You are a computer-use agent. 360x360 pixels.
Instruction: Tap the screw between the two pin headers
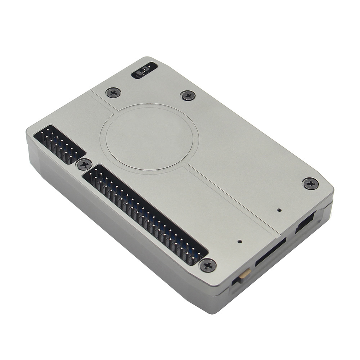[x=84, y=165]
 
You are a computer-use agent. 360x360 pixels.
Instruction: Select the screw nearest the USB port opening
[x=310, y=184]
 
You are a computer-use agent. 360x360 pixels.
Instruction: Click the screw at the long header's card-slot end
[x=208, y=265]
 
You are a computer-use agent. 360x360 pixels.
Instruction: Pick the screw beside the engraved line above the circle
[x=113, y=93]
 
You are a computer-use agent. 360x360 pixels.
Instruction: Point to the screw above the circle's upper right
[x=188, y=95]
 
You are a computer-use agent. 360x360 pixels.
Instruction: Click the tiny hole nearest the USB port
[x=279, y=210]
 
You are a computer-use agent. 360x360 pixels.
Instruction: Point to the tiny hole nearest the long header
[x=240, y=242]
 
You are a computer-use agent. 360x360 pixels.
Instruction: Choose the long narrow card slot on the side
[x=270, y=252]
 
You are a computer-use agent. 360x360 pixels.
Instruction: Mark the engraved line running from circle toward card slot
[x=230, y=198]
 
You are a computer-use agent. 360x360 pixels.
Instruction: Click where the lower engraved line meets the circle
[x=187, y=165]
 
